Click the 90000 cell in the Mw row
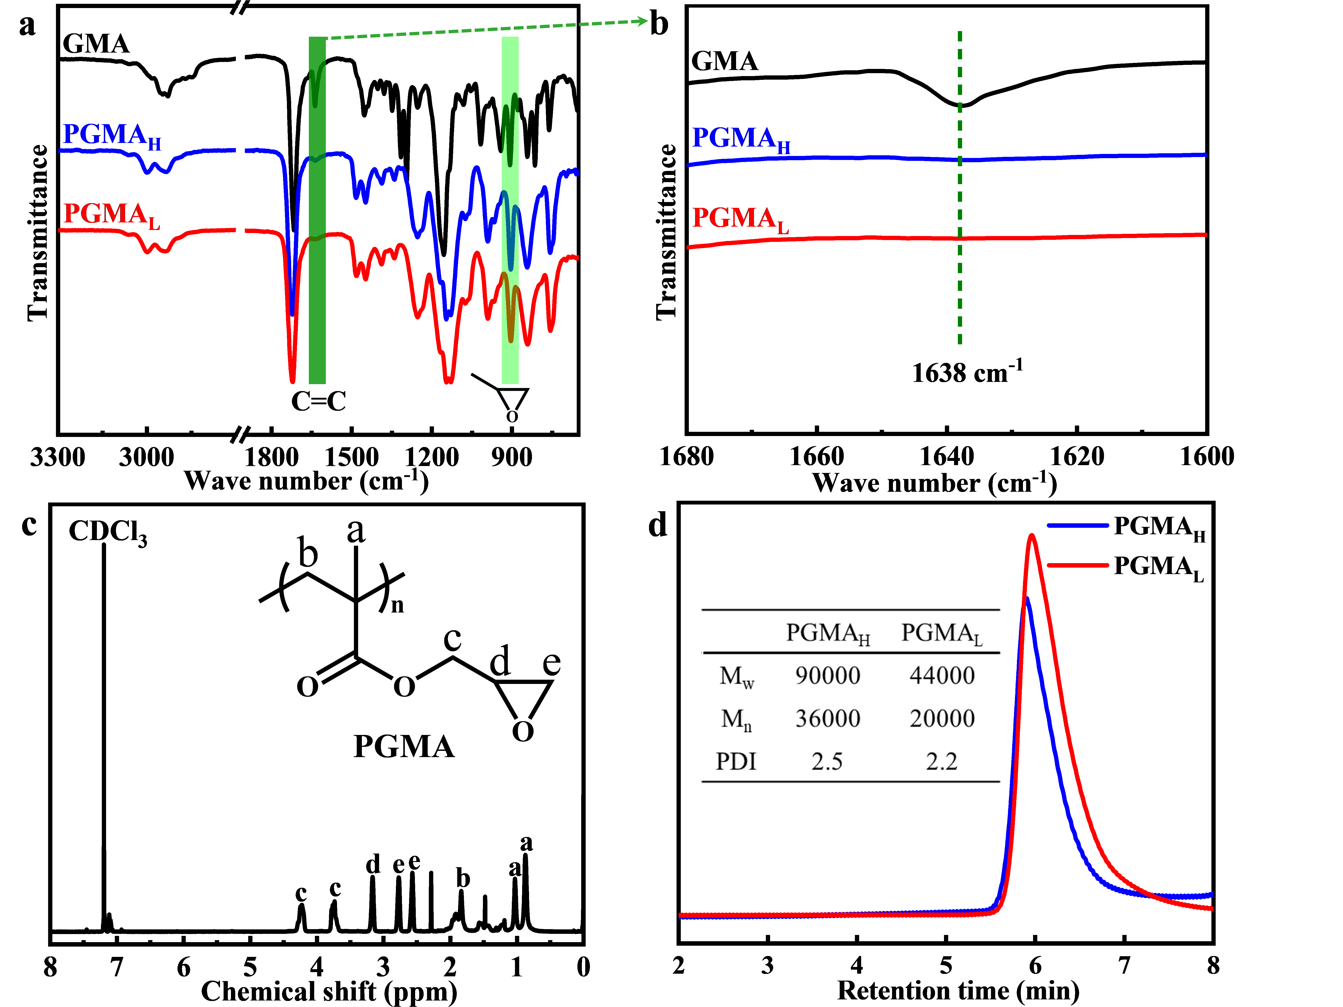[828, 676]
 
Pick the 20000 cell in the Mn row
[942, 719]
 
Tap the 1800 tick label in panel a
[273, 457]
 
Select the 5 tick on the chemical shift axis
[250, 967]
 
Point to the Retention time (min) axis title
[958, 991]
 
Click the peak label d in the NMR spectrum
[373, 864]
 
